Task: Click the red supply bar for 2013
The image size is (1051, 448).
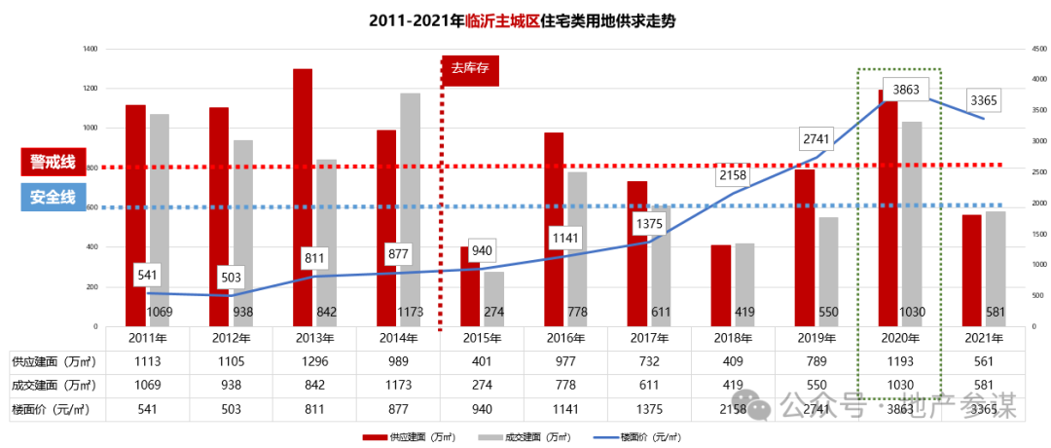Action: pyautogui.click(x=303, y=195)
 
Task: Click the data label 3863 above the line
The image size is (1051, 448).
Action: pyautogui.click(x=906, y=89)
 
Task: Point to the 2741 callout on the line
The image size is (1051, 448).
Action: pyautogui.click(x=815, y=138)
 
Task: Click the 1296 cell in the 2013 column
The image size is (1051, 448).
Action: pyautogui.click(x=314, y=361)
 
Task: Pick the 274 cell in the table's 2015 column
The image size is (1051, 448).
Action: pyautogui.click(x=482, y=385)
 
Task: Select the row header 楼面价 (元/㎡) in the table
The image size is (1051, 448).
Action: pyautogui.click(x=54, y=408)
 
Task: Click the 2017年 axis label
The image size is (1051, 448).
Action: pyautogui.click(x=649, y=338)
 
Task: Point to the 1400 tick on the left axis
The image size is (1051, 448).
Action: pyautogui.click(x=91, y=49)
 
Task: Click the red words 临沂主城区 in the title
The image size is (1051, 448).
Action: pyautogui.click(x=503, y=19)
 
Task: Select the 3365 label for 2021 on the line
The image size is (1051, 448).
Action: pyautogui.click(x=983, y=100)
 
